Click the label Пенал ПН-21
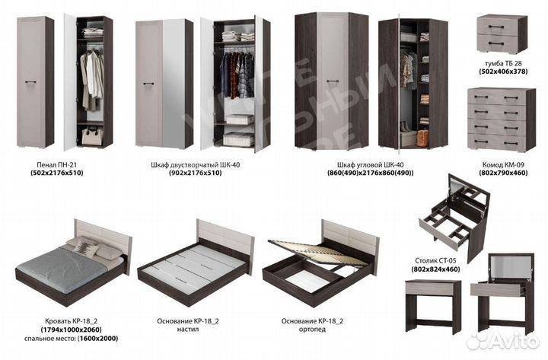point(56,164)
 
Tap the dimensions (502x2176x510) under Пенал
point(56,173)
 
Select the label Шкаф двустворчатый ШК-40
point(196,164)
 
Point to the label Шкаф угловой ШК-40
point(371,164)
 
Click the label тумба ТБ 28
point(503,64)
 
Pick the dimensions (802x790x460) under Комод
point(503,173)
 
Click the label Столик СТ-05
point(435,261)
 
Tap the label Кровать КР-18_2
point(72,321)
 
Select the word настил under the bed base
point(188,330)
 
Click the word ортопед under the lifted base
point(312,330)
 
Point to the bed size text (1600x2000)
point(98,339)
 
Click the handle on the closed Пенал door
point(30,82)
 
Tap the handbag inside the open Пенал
point(92,135)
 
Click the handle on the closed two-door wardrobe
point(148,84)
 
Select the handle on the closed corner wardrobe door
point(332,81)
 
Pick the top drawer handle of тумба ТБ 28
point(496,27)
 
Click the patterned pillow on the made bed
point(83,247)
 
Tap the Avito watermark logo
point(502,340)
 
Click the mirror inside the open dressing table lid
point(510,268)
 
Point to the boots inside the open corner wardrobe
point(405,126)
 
